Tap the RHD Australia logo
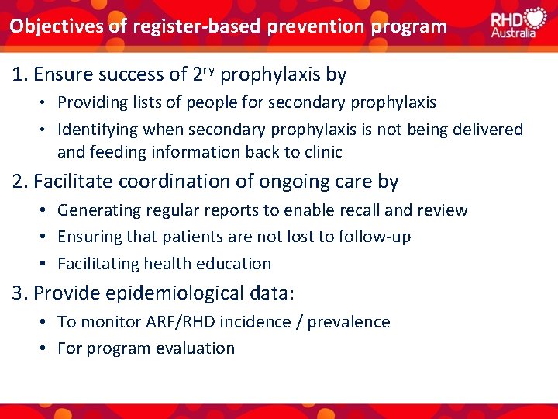pyautogui.click(x=518, y=23)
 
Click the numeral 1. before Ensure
pyautogui.click(x=19, y=74)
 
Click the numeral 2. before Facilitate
pyautogui.click(x=19, y=182)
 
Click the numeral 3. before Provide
pyautogui.click(x=19, y=293)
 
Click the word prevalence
pyautogui.click(x=349, y=321)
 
